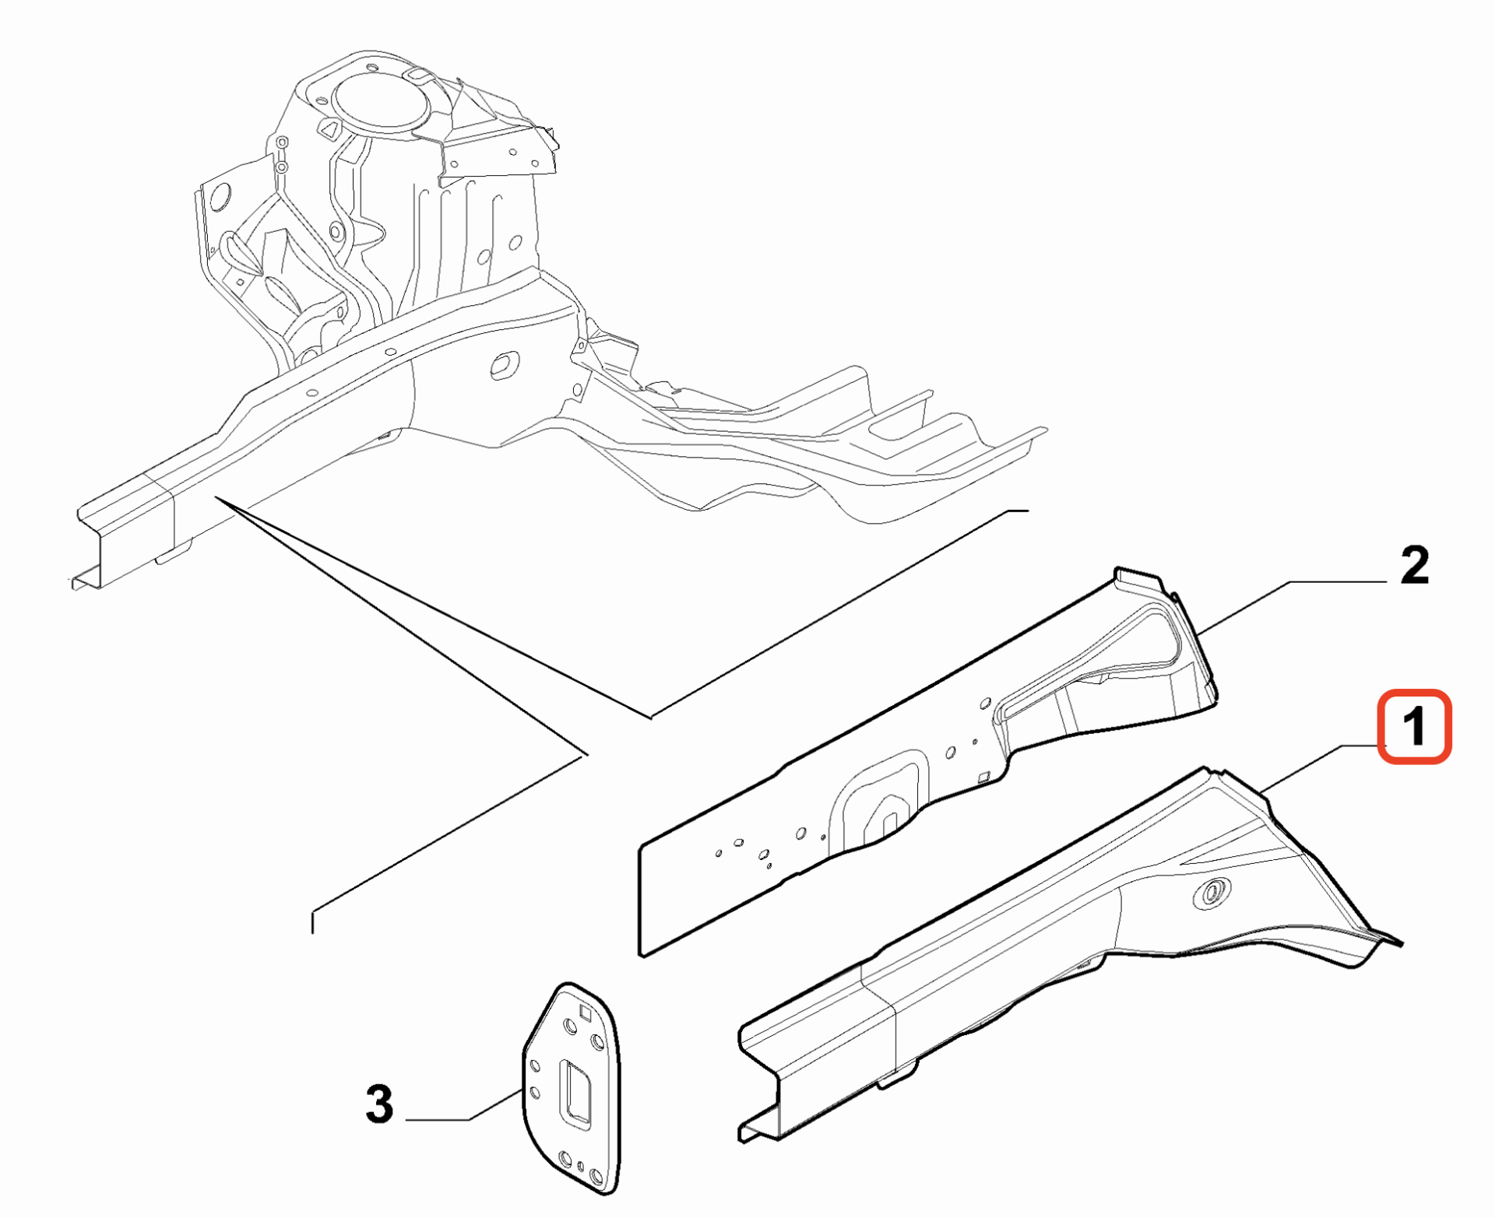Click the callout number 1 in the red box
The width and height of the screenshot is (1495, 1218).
1414,727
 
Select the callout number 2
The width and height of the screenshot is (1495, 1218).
1415,564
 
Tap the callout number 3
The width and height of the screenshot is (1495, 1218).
379,1104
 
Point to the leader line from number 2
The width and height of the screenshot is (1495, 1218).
1293,605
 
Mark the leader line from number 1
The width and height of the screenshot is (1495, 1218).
1321,769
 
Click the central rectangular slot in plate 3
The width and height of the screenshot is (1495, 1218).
577,1092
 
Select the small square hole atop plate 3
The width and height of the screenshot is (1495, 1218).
585,1012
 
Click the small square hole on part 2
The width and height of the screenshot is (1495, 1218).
983,777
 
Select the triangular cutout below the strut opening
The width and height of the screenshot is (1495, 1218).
329,129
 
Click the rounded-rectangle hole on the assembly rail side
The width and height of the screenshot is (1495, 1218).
505,365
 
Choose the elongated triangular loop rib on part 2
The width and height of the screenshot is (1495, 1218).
1090,662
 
